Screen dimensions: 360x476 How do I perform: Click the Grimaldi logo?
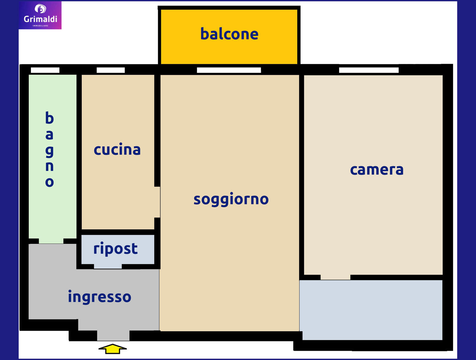(40, 15)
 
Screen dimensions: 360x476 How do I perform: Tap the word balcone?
(229, 34)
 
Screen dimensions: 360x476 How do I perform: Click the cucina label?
(117, 150)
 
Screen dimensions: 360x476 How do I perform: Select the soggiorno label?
(231, 199)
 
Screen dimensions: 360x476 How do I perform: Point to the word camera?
(376, 170)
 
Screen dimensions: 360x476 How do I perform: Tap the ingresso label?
(100, 297)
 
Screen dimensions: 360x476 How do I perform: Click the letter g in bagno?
(49, 151)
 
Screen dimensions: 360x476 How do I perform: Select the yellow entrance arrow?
(113, 349)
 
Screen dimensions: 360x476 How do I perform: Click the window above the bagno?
(45, 70)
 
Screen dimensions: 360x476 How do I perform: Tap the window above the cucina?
(111, 70)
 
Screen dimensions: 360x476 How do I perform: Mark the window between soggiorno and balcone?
(229, 70)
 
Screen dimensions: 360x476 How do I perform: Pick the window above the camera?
(369, 70)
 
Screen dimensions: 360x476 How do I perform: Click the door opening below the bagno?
(51, 241)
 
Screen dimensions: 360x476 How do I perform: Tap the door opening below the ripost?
(108, 266)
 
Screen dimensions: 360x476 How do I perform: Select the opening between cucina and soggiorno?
(157, 202)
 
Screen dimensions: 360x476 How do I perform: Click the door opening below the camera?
(335, 277)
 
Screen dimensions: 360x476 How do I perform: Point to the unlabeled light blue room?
(371, 310)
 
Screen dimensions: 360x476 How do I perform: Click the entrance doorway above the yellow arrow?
(113, 336)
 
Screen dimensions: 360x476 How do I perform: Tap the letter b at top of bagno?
(49, 118)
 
